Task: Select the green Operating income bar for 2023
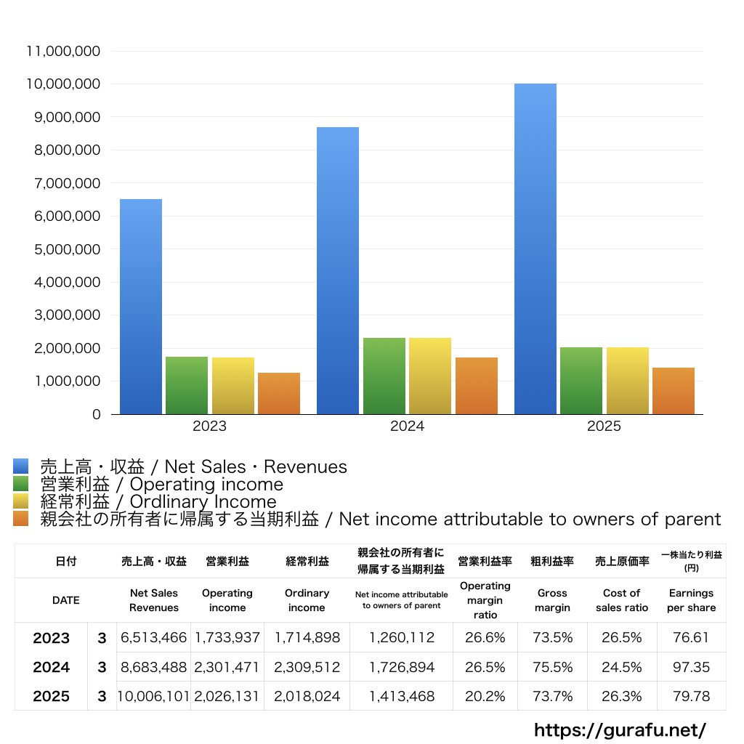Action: pos(187,386)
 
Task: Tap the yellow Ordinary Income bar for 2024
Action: pos(430,376)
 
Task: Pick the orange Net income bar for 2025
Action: pos(674,391)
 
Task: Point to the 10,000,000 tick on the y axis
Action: pos(62,84)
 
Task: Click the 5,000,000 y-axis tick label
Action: pos(62,249)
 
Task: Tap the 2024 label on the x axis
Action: pos(407,426)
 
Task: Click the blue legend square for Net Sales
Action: pos(21,466)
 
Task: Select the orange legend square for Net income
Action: pos(21,519)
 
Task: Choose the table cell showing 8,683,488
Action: pos(153,667)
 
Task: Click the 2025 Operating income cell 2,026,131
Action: pos(227,696)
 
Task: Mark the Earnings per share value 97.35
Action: pos(691,667)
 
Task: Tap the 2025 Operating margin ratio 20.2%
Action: pos(485,696)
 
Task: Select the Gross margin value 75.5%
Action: pos(552,667)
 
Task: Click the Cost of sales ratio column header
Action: pos(621,600)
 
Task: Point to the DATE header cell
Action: pos(65,600)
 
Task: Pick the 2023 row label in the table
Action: pos(52,638)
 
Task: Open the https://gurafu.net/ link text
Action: pos(620,729)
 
